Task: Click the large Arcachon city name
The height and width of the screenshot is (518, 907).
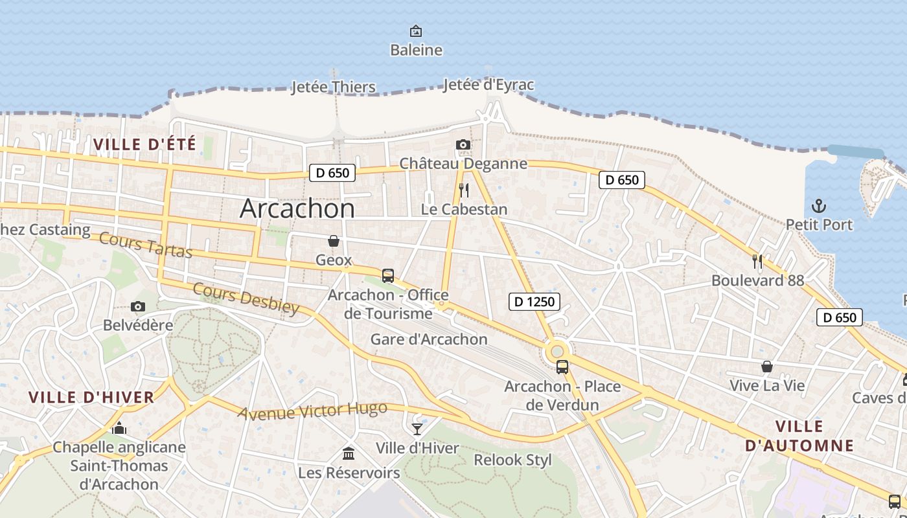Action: click(297, 208)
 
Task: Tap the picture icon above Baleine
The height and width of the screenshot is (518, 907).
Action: click(416, 30)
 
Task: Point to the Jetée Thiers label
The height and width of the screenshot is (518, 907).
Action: click(333, 87)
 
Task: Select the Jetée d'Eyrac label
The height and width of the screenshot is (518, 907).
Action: click(488, 85)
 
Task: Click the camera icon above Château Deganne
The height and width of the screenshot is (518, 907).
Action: click(463, 144)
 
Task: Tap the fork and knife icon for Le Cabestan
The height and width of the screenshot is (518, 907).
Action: click(464, 190)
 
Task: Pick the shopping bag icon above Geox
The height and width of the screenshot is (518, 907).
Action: click(334, 241)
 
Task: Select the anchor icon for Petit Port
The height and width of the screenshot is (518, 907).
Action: click(819, 206)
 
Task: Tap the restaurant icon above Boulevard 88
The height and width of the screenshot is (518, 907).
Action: click(757, 261)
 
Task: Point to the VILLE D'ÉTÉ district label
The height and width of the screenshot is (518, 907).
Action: click(144, 144)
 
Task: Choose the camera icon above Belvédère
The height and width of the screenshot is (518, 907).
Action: click(137, 306)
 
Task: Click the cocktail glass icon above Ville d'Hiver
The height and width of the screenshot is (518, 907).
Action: click(417, 429)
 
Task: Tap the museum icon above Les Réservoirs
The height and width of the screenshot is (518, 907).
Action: click(349, 453)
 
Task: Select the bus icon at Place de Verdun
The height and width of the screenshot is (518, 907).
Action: click(562, 367)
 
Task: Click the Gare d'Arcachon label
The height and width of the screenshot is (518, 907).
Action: click(428, 339)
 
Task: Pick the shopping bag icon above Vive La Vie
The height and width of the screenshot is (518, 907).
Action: click(767, 366)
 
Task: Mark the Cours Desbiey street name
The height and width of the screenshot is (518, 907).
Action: click(246, 298)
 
